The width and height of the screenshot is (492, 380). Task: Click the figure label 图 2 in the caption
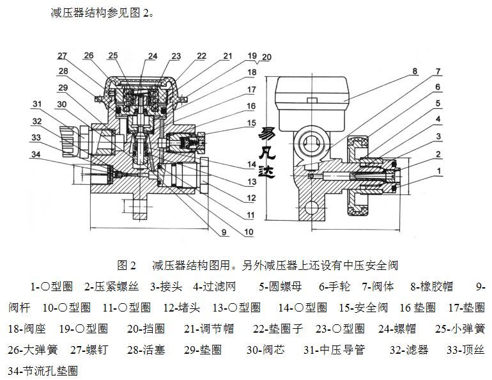128,265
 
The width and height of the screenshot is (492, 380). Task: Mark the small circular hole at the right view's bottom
312,207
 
